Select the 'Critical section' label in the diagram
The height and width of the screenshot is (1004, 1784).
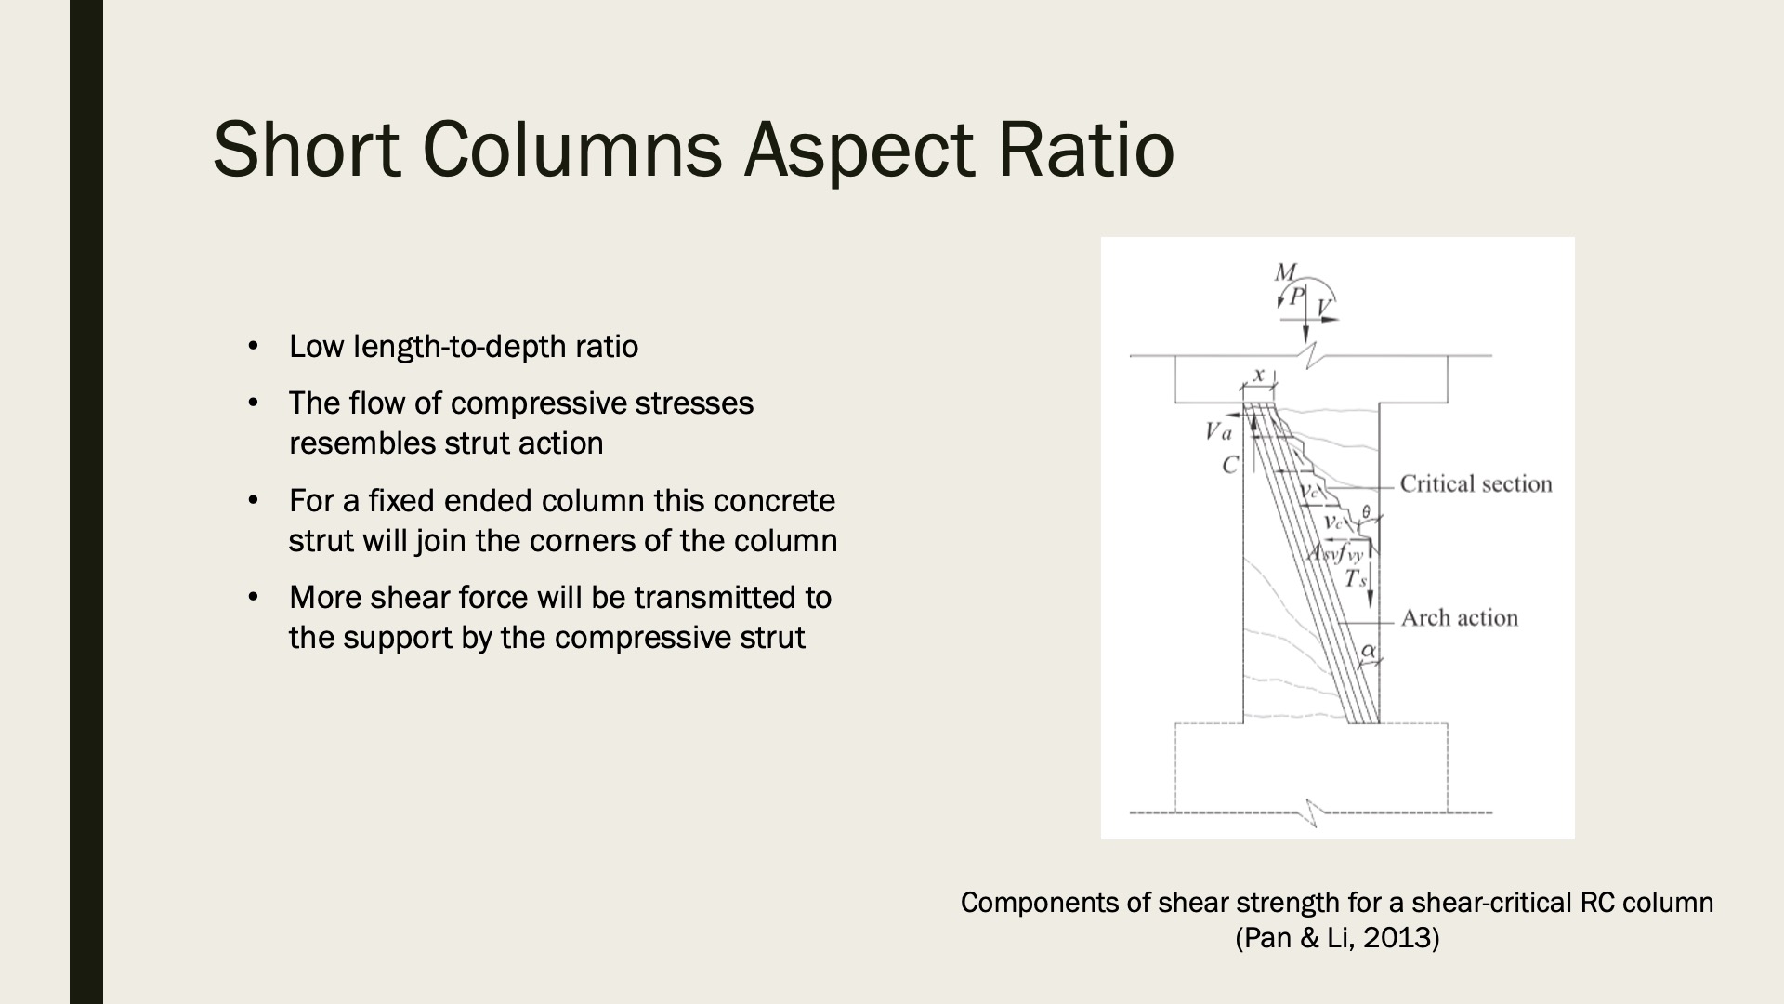click(x=1476, y=483)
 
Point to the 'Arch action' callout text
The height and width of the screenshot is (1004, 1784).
click(x=1459, y=617)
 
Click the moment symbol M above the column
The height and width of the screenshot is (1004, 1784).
click(x=1286, y=272)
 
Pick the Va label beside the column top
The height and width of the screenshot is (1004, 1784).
click(x=1218, y=431)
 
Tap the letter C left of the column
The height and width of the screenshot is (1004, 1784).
click(x=1230, y=465)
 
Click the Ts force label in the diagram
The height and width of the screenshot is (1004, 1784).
click(x=1356, y=578)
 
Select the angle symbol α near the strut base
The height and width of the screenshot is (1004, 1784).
click(x=1369, y=652)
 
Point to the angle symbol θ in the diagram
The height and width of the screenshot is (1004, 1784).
click(x=1366, y=511)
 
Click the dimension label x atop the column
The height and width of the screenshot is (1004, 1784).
click(x=1259, y=375)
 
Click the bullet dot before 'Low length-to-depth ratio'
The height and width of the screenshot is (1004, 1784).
click(x=252, y=347)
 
